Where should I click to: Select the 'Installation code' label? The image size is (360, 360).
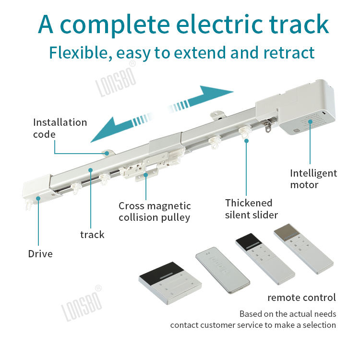click(x=60, y=128)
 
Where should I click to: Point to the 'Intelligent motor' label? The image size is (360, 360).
click(x=313, y=179)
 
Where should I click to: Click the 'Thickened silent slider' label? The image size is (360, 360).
click(x=252, y=209)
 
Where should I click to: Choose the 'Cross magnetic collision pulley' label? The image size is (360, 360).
click(x=155, y=212)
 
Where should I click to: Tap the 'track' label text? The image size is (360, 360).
click(x=92, y=235)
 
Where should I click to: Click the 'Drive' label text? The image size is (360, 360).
click(x=40, y=253)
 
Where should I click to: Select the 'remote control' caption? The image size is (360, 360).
click(x=301, y=298)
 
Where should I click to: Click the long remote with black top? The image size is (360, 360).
click(x=265, y=259)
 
